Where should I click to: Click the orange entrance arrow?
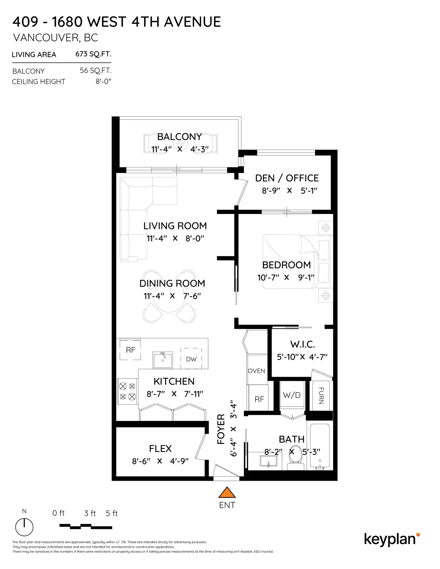(x=227, y=492)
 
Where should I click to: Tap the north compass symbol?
(x=24, y=527)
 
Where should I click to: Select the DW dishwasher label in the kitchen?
(x=191, y=359)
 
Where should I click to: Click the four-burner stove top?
(x=128, y=391)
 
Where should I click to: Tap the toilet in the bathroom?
(x=295, y=460)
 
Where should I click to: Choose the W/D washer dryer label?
(x=292, y=395)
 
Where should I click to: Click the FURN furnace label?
(x=321, y=395)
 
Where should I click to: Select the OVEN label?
(x=256, y=371)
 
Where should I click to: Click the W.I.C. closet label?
(x=303, y=345)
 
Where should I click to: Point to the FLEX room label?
(x=160, y=448)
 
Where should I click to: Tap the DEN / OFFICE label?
(x=287, y=178)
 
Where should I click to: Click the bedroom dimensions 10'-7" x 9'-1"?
(x=286, y=278)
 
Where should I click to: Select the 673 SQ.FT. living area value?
(x=93, y=54)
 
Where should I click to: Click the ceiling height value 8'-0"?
(x=104, y=81)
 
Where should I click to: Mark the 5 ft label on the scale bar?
(x=112, y=513)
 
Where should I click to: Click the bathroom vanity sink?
(x=268, y=461)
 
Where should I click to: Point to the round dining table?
(x=169, y=297)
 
